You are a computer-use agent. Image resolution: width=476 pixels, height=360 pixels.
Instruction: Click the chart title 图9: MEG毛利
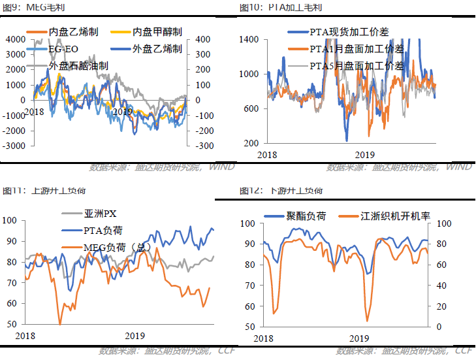click(27, 8)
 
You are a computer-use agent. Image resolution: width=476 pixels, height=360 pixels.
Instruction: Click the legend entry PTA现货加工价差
click(345, 31)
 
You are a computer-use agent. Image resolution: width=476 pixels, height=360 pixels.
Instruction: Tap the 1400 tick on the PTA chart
click(250, 39)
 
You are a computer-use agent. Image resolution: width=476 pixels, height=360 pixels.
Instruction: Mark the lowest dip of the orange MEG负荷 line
click(60, 323)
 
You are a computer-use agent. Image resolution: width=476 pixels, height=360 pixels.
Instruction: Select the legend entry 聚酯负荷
click(301, 215)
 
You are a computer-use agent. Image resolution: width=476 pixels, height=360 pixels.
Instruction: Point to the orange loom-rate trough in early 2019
click(367, 320)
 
